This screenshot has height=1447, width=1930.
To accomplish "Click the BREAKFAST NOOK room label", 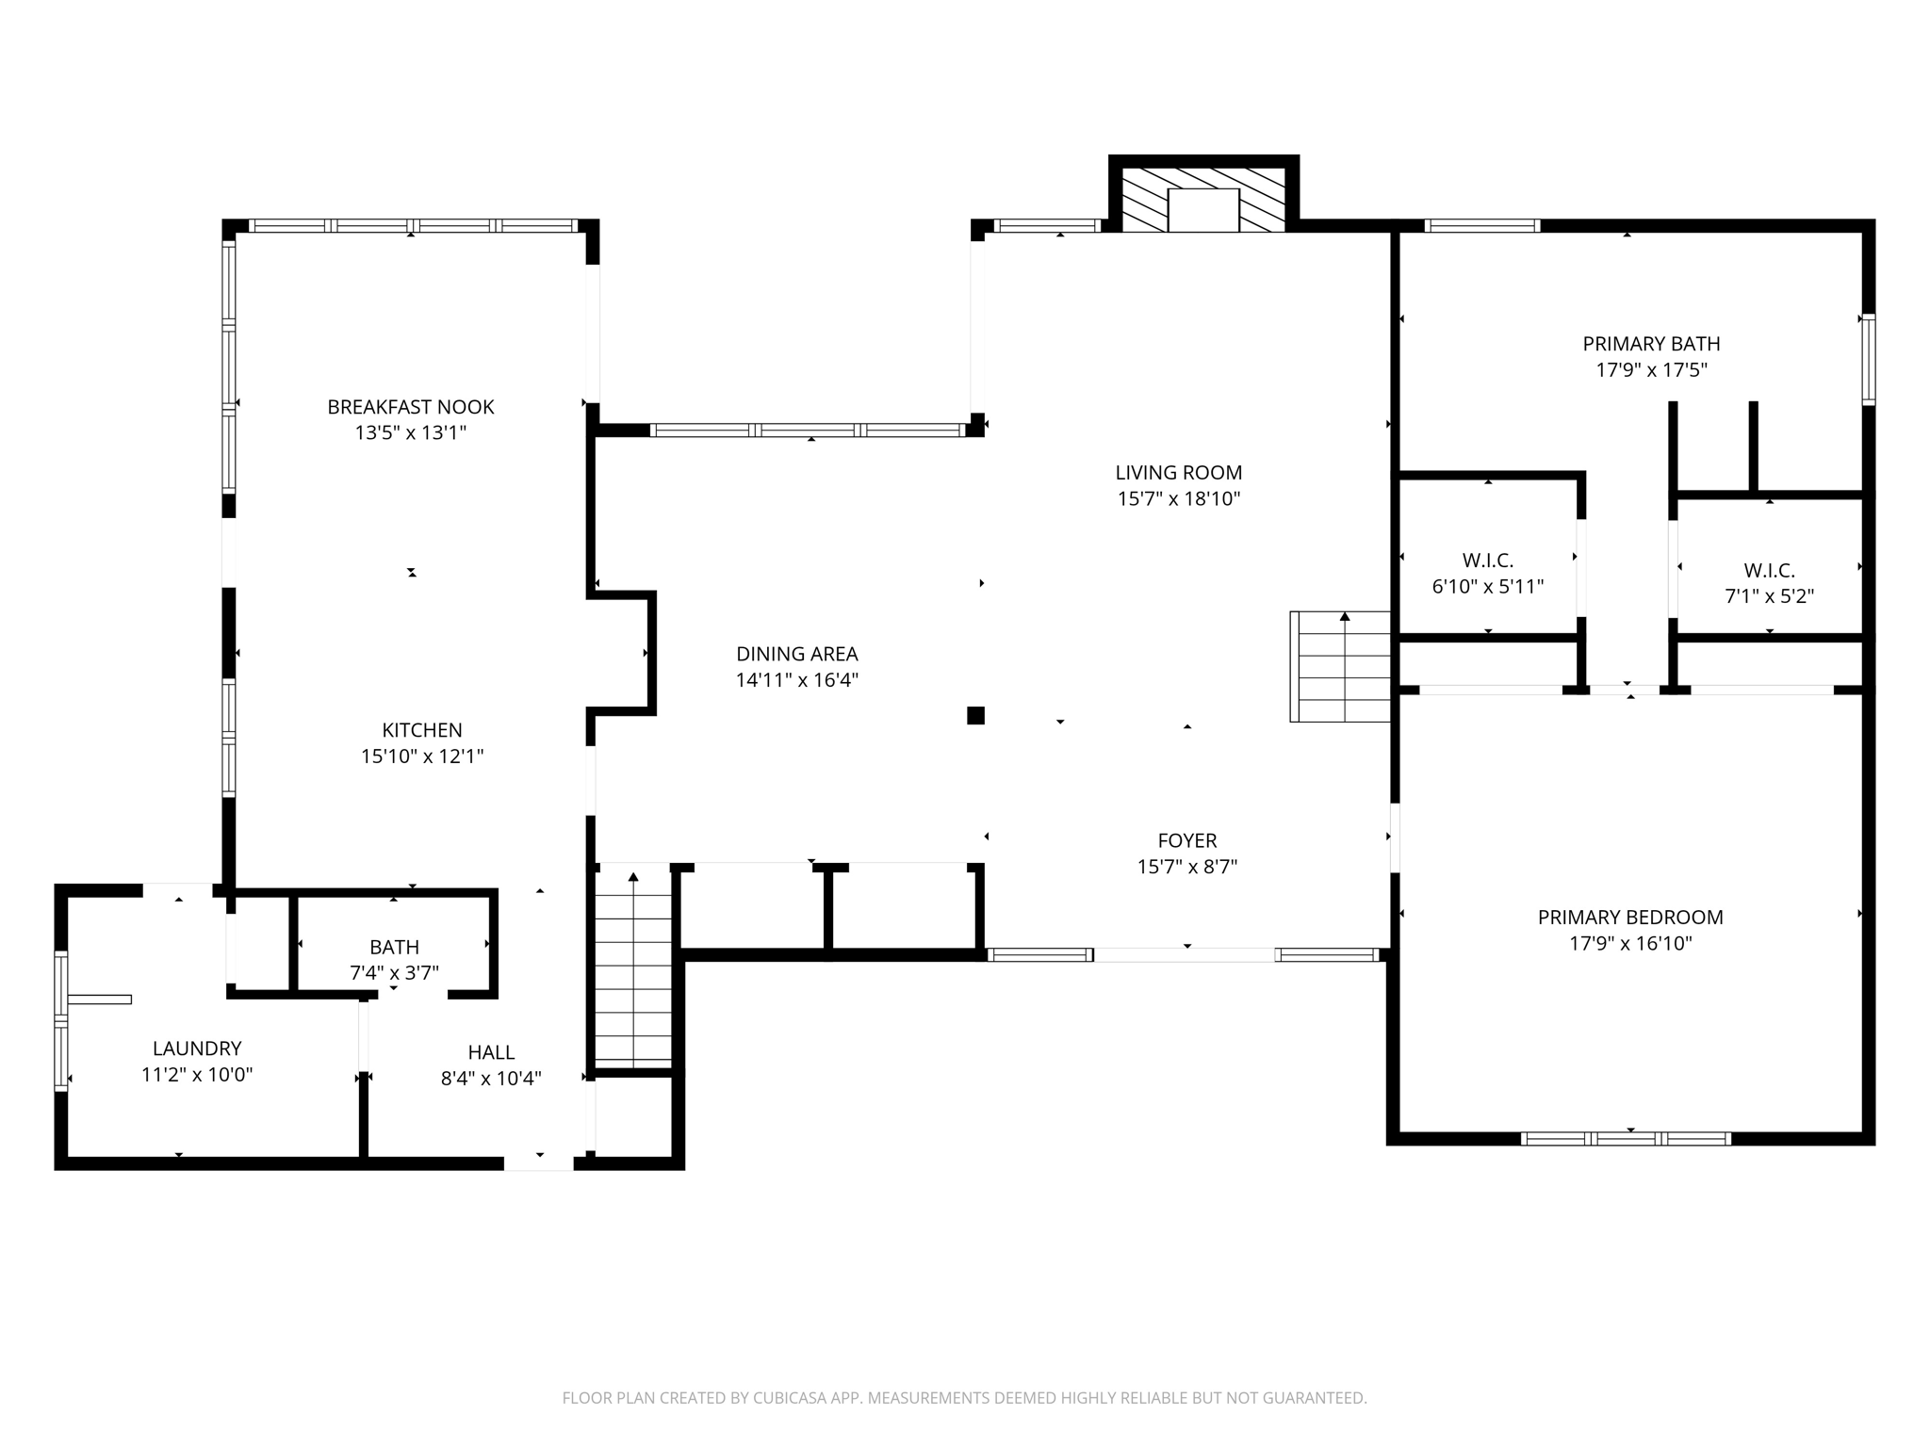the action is pyautogui.click(x=410, y=407).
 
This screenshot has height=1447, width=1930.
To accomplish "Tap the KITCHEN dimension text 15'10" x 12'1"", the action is pyautogui.click(x=422, y=756).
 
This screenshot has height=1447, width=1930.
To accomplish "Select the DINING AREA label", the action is pyautogui.click(x=797, y=654).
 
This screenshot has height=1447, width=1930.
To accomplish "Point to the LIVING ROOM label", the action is pyautogui.click(x=1179, y=473).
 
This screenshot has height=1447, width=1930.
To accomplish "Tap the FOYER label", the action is pyautogui.click(x=1187, y=840).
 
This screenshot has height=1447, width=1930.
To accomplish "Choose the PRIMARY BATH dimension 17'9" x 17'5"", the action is pyautogui.click(x=1651, y=370).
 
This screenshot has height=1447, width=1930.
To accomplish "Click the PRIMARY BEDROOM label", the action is pyautogui.click(x=1630, y=917).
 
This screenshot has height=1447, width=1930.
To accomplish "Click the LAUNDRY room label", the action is pyautogui.click(x=197, y=1049).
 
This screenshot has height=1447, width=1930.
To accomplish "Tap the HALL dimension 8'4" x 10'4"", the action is pyautogui.click(x=491, y=1079).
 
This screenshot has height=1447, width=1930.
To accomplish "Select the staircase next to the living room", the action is pyautogui.click(x=1340, y=666).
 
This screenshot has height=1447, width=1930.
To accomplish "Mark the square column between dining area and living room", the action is pyautogui.click(x=975, y=716).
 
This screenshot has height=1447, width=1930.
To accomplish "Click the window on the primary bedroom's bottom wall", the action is pyautogui.click(x=1626, y=1139).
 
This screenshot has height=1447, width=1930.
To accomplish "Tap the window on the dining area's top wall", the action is pyautogui.click(x=808, y=431).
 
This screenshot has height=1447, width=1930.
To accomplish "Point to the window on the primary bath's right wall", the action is pyautogui.click(x=1868, y=359).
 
